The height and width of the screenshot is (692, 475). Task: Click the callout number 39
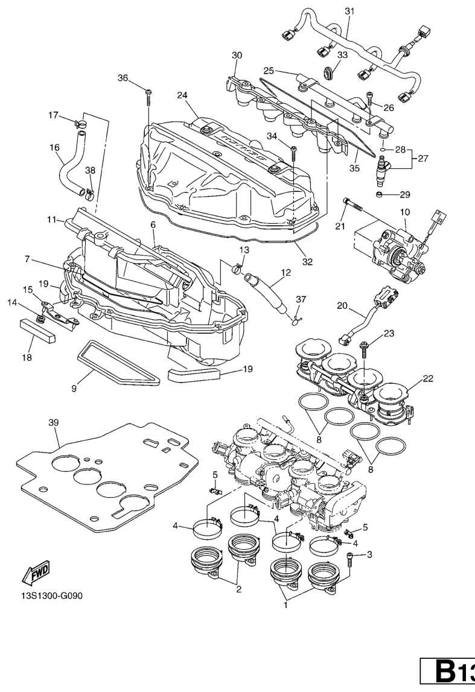(x=54, y=423)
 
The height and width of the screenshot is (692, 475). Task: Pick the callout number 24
(x=183, y=95)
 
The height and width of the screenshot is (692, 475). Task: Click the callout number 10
(x=404, y=212)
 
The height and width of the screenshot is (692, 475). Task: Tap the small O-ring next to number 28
(x=383, y=148)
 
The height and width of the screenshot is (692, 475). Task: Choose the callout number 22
(x=428, y=379)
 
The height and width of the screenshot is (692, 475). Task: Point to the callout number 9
(x=75, y=389)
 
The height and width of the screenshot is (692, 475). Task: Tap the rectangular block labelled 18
(x=37, y=330)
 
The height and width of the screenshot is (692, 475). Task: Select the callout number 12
(x=285, y=272)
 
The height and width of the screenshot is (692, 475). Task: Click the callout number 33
(x=342, y=55)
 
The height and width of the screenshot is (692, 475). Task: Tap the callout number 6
(x=153, y=224)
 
